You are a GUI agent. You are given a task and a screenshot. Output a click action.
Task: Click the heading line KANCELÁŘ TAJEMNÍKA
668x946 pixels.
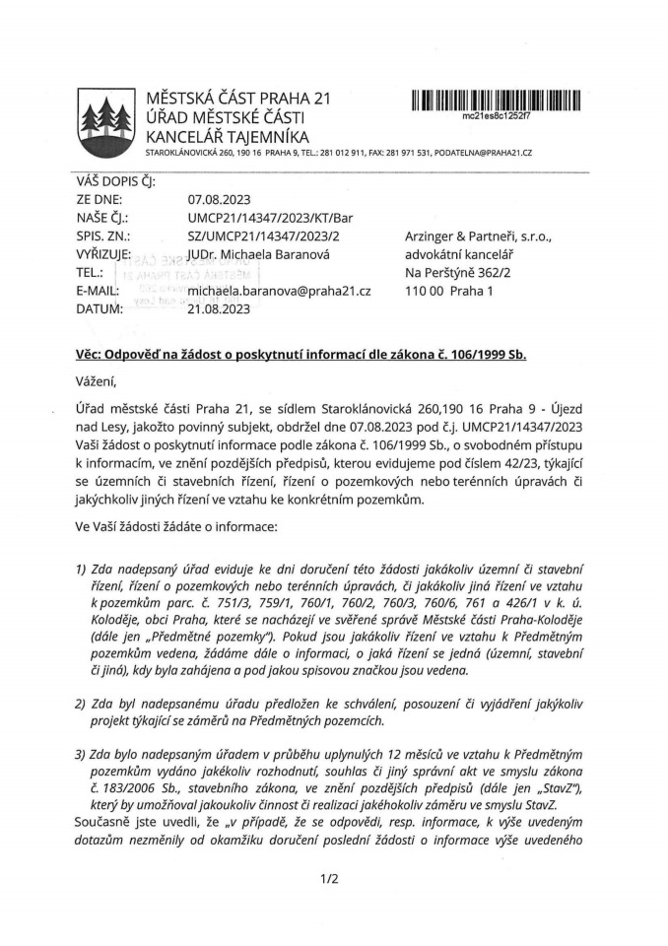coord(227,136)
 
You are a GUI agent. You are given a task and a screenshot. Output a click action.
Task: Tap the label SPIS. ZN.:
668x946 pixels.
coord(103,236)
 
